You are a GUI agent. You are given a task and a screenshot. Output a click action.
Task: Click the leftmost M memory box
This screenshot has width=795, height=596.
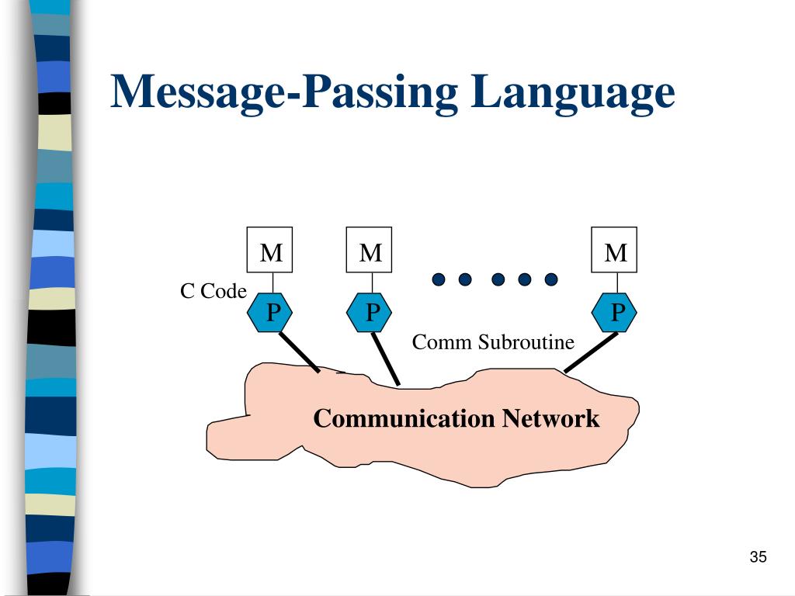(x=270, y=250)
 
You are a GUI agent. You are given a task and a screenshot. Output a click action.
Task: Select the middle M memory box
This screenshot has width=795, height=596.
(x=370, y=250)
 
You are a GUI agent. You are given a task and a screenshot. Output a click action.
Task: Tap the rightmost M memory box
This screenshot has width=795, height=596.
(x=614, y=250)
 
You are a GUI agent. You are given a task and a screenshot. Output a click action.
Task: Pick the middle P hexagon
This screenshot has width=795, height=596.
(x=370, y=313)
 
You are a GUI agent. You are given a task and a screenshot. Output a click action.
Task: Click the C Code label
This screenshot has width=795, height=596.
(x=214, y=292)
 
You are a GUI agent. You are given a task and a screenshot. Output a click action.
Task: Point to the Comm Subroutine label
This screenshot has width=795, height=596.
(x=493, y=342)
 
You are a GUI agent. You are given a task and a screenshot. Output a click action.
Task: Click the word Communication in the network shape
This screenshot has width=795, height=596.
(x=404, y=419)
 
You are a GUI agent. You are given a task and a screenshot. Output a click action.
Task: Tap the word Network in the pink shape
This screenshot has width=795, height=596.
(x=550, y=419)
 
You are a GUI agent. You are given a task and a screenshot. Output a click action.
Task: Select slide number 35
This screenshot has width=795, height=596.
(x=759, y=557)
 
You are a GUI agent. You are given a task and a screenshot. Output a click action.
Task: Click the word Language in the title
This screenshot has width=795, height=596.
(x=572, y=93)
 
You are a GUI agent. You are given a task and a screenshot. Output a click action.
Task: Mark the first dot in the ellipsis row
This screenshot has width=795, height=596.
(x=439, y=279)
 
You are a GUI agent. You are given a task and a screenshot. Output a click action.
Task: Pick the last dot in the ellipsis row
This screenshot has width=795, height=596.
(x=551, y=279)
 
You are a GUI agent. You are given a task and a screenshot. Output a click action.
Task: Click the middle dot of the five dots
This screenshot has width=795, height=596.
(x=498, y=279)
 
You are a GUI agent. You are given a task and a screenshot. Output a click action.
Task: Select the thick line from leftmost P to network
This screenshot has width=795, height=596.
(x=299, y=352)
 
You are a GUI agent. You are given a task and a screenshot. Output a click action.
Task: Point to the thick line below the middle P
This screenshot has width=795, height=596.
(x=386, y=359)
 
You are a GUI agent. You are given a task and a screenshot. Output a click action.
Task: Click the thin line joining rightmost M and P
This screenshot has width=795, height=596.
(x=614, y=283)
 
